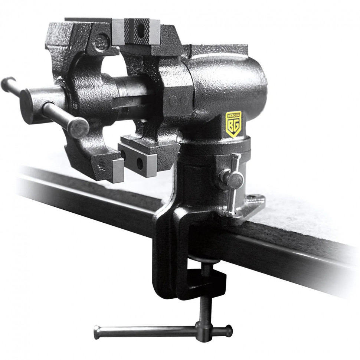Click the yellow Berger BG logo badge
pos(233,124)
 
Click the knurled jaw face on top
pos(137,32)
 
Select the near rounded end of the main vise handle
pos(79,128)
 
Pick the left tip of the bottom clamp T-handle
pos(97,333)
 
